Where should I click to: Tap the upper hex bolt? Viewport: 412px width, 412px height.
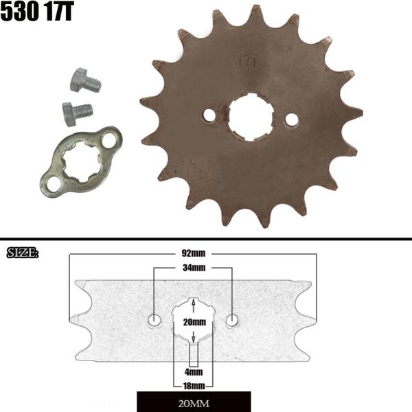click(x=85, y=81)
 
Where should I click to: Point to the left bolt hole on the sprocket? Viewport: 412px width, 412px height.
click(x=209, y=115)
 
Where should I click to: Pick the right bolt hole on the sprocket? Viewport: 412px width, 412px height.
click(x=291, y=119)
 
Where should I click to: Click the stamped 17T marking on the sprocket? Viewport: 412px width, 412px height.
click(x=248, y=62)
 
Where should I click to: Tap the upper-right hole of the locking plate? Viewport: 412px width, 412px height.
click(x=108, y=140)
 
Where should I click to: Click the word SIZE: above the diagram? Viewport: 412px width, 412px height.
click(x=22, y=253)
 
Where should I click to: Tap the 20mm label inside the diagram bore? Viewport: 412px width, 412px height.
click(x=194, y=321)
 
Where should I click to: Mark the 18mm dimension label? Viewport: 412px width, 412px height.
click(x=194, y=385)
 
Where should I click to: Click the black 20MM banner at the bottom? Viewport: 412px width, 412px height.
click(x=194, y=401)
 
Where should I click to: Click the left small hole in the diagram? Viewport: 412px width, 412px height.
click(x=155, y=319)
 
